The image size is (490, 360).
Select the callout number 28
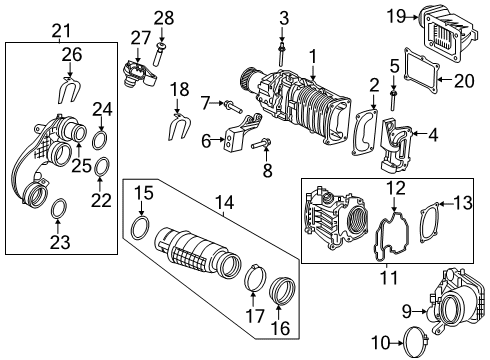163,17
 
